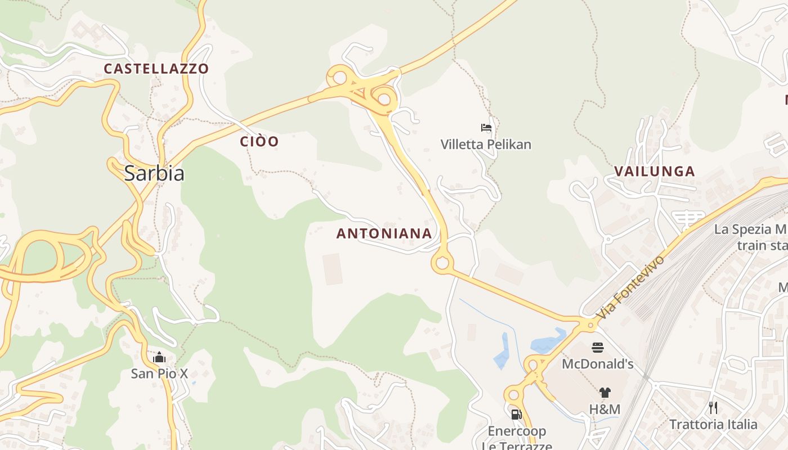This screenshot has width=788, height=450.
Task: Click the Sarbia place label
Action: [x=154, y=173]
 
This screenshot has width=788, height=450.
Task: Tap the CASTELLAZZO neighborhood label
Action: [x=156, y=69]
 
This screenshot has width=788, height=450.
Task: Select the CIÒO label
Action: [x=259, y=141]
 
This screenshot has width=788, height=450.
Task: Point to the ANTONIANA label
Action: [x=384, y=233]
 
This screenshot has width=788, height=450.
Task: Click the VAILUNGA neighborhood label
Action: [x=655, y=172]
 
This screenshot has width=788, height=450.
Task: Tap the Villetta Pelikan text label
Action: [x=486, y=145]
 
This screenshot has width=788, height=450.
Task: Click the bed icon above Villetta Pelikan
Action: [x=486, y=128]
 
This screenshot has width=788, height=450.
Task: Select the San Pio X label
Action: [x=159, y=373]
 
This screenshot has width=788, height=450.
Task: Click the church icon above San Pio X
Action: [x=159, y=357]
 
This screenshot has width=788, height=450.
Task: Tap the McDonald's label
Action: [x=598, y=364]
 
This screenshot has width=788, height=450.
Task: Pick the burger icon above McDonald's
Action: [x=597, y=348]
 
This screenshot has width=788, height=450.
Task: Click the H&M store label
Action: [x=605, y=409]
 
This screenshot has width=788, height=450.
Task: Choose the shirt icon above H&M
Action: [x=605, y=393]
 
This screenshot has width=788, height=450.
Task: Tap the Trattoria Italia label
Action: [x=713, y=424]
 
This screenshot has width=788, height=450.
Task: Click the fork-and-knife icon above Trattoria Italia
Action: [x=713, y=408]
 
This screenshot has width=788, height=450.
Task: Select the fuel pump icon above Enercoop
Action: [x=516, y=415]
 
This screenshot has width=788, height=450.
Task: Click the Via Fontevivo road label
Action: [x=631, y=287]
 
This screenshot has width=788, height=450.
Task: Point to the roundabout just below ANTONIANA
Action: [x=442, y=263]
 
